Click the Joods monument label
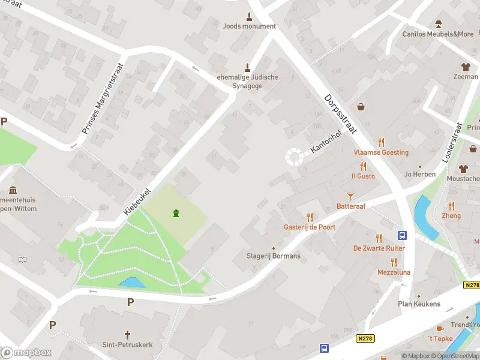pyautogui.click(x=249, y=26)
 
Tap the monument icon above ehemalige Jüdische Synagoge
pyautogui.click(x=247, y=67)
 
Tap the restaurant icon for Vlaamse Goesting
pyautogui.click(x=381, y=142)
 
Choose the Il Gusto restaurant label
pyautogui.click(x=363, y=176)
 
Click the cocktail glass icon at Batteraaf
pyautogui.click(x=351, y=196)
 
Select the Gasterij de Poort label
pyautogui.click(x=310, y=227)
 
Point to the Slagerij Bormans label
pyautogui.click(x=274, y=256)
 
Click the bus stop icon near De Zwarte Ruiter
pyautogui.click(x=402, y=236)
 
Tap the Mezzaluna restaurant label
pyautogui.click(x=394, y=272)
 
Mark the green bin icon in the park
pyautogui.click(x=176, y=213)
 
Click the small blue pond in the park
pyautogui.click(x=131, y=282)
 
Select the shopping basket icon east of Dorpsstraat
pyautogui.click(x=362, y=107)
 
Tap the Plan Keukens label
pyautogui.click(x=419, y=304)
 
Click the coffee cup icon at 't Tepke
pyautogui.click(x=439, y=329)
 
